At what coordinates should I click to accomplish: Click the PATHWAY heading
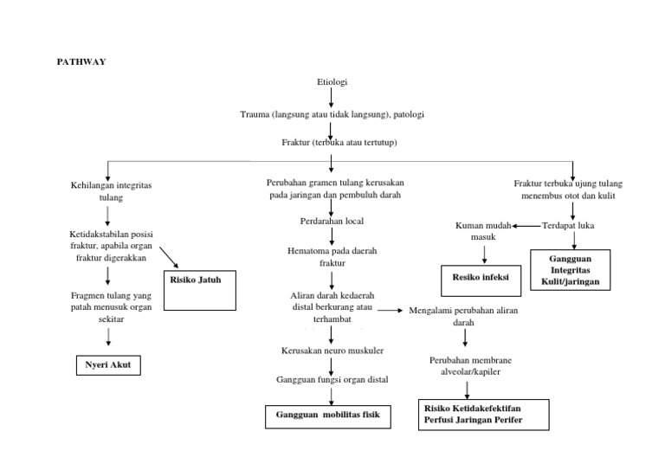pos(81,61)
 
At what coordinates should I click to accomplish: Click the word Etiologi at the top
pos(332,82)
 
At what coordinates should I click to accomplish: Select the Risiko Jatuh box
pos(200,289)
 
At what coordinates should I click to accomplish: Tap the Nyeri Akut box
pos(107,365)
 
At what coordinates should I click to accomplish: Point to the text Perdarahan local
pos(331,221)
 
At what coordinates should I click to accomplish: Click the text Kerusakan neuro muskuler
pos(332,350)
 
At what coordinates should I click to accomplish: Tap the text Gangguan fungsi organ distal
pos(332,379)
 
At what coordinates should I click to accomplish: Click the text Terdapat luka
pos(567,226)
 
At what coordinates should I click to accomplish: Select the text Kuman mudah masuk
pos(483,231)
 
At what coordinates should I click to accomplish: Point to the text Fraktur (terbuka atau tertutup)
pos(332,142)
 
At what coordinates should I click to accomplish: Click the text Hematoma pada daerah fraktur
pos(332,256)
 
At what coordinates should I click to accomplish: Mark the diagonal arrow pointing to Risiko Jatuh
pos(171,257)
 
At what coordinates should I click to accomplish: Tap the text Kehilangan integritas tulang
pos(106,191)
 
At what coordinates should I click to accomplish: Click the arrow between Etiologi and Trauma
pos(332,98)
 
